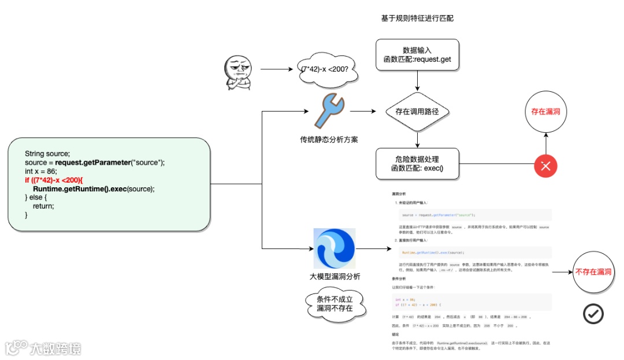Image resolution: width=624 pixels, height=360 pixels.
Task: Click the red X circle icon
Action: coord(545,166)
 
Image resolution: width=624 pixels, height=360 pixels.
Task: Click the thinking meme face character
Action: coord(237,72)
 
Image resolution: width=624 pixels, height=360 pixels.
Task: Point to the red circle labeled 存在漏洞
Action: coord(546,112)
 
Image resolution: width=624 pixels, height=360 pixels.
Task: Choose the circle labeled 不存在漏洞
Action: coord(593,272)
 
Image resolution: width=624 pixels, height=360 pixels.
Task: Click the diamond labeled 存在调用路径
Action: coord(417,112)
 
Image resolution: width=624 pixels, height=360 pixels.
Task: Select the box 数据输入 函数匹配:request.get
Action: coord(417,55)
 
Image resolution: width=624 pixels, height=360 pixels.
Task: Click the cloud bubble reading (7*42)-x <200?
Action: coord(325,69)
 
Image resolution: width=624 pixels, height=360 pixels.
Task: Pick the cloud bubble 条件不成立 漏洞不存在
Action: coord(335,303)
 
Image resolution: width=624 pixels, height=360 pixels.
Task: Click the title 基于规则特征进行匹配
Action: coord(417,18)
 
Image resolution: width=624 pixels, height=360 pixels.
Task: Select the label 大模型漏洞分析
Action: coord(335,276)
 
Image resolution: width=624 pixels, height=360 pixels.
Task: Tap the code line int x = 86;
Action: coord(41,171)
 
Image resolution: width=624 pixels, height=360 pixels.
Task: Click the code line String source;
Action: coord(47,154)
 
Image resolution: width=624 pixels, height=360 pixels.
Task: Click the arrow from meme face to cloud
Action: coord(277,69)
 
